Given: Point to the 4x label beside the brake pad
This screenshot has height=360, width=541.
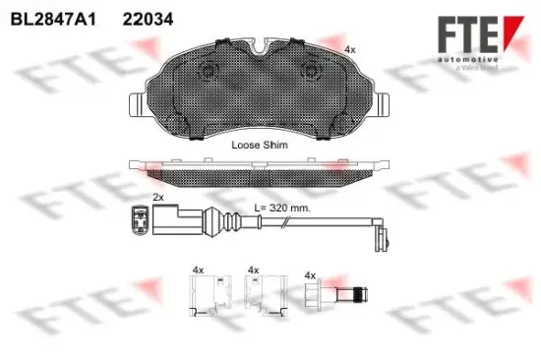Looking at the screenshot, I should (x=351, y=48).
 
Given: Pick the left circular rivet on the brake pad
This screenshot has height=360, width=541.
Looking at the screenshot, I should (x=209, y=72).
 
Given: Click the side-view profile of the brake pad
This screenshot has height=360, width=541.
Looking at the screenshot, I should (x=259, y=172).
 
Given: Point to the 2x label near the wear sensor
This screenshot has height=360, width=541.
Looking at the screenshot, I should (x=158, y=198).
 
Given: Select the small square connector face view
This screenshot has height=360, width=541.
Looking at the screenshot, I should (x=140, y=222).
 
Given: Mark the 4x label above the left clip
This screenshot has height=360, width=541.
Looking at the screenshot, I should (x=198, y=269).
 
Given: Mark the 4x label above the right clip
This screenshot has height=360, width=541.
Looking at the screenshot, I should (x=254, y=269).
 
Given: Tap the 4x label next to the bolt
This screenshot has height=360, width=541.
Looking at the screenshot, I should (x=311, y=275).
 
